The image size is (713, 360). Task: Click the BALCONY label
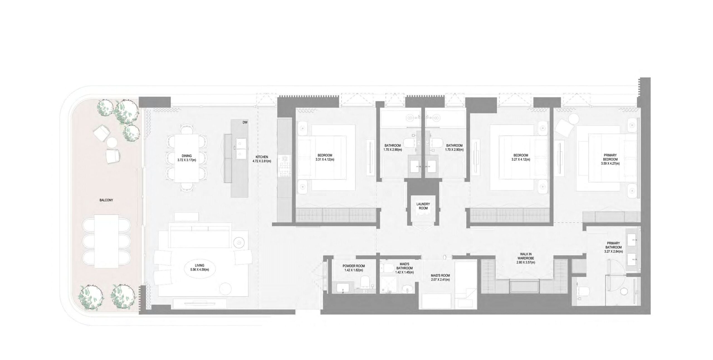tap(106, 200)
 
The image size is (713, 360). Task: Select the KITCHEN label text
tap(262, 157)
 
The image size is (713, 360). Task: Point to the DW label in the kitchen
tap(245, 122)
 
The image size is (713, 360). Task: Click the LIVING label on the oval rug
tap(199, 265)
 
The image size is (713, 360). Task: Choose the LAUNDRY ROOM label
tap(423, 206)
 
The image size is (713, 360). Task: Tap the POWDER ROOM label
tap(353, 266)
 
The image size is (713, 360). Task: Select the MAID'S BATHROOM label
tap(404, 266)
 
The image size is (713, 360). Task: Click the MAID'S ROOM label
tap(440, 276)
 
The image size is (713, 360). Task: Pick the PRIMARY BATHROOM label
tap(613, 245)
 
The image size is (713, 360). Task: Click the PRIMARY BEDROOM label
tap(610, 157)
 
